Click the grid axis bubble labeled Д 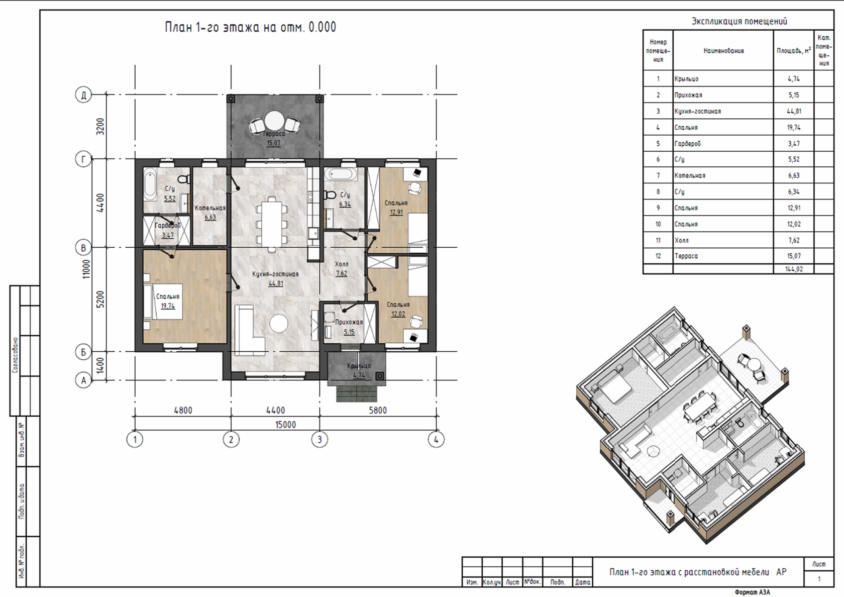83,94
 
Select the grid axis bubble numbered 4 436,439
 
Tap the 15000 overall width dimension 285,425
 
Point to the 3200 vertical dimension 100,127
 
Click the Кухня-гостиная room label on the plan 275,274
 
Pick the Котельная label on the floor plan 210,208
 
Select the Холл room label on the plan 342,264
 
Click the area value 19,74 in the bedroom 168,306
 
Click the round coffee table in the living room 279,324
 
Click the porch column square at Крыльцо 380,376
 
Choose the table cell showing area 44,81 794,111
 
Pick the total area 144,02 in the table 794,269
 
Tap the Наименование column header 723,51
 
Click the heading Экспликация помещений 739,21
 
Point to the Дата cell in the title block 583,582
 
